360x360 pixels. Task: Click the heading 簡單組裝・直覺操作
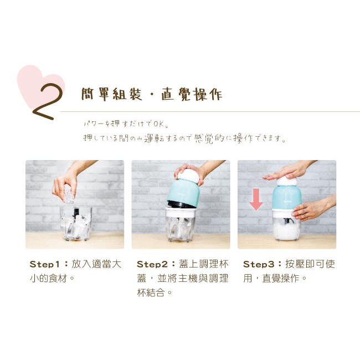(x=152, y=94)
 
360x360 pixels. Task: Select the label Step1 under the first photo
(x=45, y=264)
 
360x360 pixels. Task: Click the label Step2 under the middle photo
(x=152, y=264)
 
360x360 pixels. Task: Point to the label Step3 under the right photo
(x=259, y=264)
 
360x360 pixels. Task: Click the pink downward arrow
(x=256, y=199)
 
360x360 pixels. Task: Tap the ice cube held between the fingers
(x=69, y=198)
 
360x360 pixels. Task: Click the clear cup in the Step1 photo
(x=76, y=223)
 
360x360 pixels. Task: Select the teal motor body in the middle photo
(x=183, y=193)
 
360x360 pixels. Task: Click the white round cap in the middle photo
(x=188, y=175)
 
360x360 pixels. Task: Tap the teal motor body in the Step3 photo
(x=286, y=198)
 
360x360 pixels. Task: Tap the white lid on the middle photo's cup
(x=181, y=212)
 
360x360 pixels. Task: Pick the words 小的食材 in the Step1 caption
(x=48, y=279)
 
